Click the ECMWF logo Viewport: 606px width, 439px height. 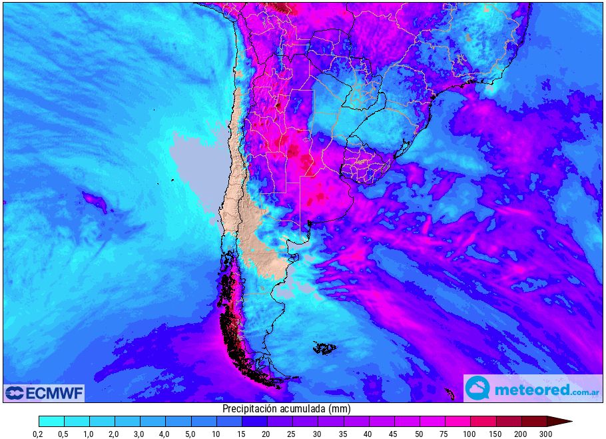click(44, 393)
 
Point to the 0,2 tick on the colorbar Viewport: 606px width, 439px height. click(39, 434)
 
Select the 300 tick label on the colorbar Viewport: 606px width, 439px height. click(546, 434)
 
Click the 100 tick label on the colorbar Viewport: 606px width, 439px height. click(470, 434)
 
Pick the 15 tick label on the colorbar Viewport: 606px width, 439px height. click(242, 434)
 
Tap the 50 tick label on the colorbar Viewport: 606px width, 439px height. click(420, 434)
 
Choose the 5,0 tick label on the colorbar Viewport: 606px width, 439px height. click(191, 434)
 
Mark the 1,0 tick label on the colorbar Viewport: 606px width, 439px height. click(89, 434)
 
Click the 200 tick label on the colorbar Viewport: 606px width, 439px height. click(521, 434)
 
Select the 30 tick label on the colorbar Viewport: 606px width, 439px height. click(318, 434)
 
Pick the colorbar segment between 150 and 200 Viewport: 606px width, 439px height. click(508, 421)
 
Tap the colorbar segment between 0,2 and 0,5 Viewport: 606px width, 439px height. click(51, 421)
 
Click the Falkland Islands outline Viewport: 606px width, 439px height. click(325, 348)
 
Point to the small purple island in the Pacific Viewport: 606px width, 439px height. click(94, 201)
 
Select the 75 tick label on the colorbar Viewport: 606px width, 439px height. click(445, 434)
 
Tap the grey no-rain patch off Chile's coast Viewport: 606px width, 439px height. click(196, 170)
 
